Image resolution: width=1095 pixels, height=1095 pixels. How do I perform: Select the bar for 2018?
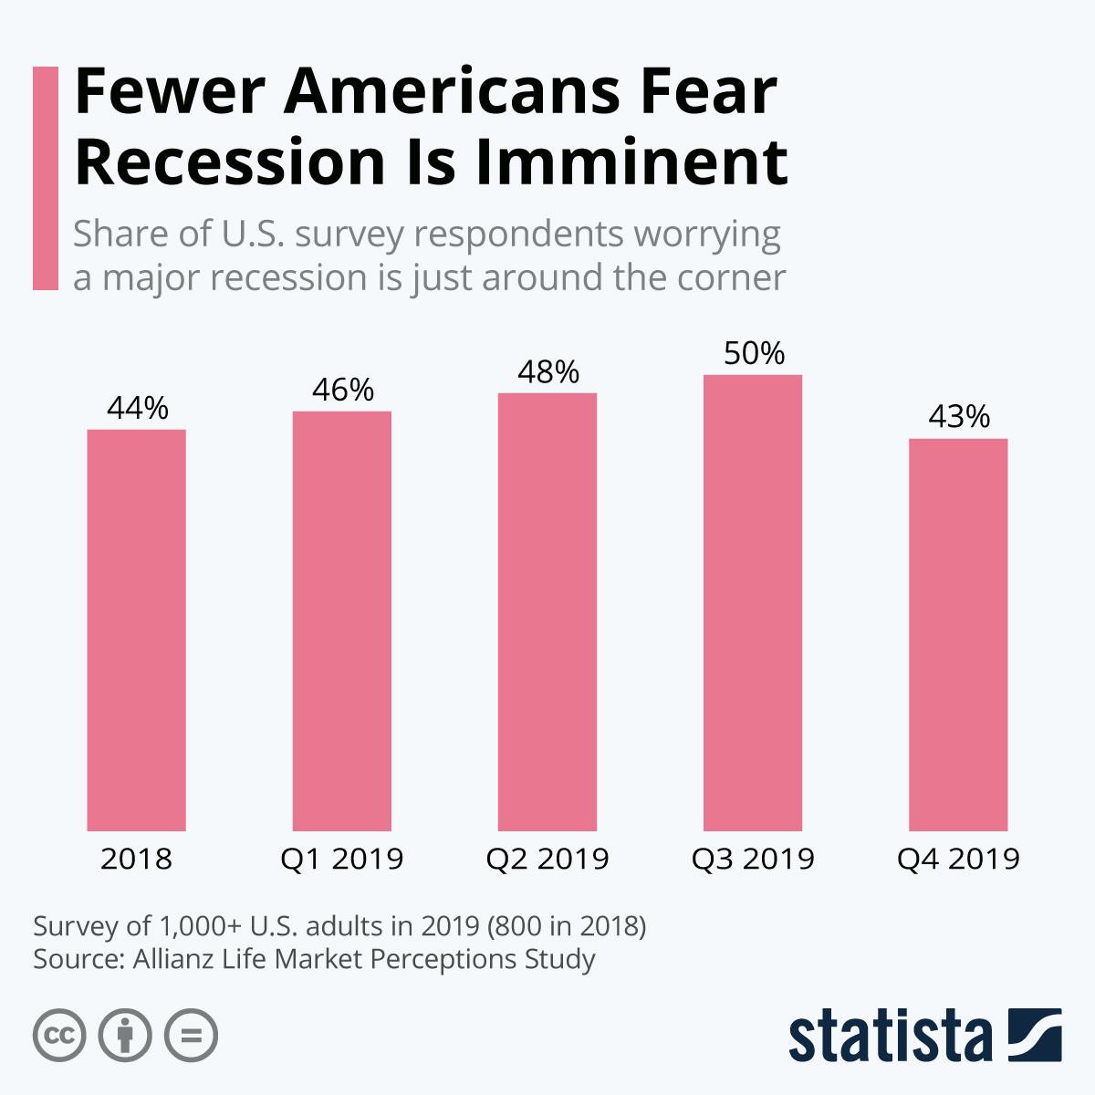[136, 630]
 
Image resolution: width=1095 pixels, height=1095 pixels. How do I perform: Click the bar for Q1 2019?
[341, 620]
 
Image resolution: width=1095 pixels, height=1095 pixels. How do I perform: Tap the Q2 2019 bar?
[547, 611]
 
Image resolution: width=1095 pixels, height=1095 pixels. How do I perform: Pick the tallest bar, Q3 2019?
[752, 602]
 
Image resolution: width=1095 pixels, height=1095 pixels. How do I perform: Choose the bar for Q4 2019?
[958, 634]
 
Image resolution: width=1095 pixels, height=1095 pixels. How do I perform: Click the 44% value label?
[138, 408]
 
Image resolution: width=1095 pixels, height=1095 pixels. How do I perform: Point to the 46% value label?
[343, 390]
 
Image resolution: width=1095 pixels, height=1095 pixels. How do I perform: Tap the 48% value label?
[548, 371]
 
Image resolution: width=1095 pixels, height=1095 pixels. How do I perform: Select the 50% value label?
[754, 353]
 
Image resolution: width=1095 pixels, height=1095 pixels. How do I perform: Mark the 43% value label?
[959, 417]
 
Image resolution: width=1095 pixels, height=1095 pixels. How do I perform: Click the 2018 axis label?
[136, 859]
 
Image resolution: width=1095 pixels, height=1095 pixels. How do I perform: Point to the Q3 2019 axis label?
[752, 859]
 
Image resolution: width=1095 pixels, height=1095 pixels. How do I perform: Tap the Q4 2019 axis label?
[958, 859]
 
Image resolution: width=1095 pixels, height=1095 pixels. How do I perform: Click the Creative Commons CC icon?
[59, 1036]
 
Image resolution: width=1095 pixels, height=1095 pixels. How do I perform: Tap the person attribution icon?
[125, 1036]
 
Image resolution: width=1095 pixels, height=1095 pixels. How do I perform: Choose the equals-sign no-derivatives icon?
[192, 1036]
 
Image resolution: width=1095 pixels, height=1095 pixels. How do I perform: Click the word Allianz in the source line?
[172, 959]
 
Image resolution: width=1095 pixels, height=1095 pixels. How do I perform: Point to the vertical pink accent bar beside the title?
[45, 178]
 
